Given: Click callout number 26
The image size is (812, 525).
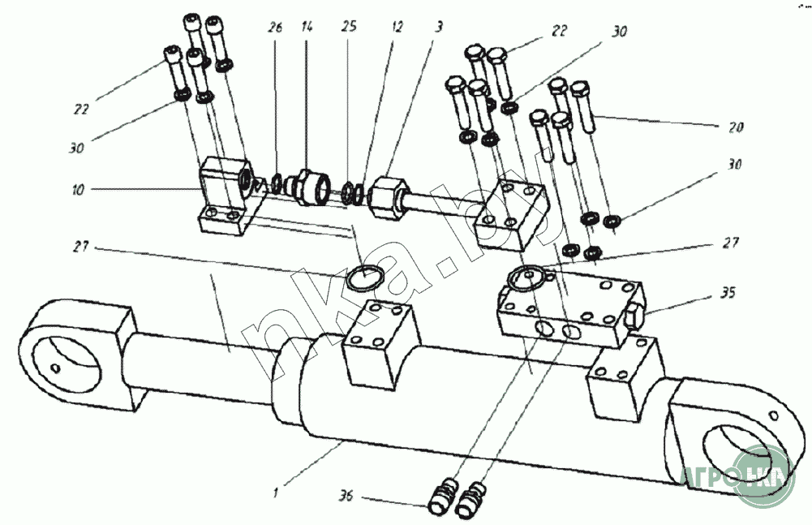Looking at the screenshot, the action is pyautogui.click(x=275, y=28).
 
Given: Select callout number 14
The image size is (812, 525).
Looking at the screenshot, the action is pyautogui.click(x=307, y=27).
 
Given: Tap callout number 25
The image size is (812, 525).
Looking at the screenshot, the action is pyautogui.click(x=349, y=27).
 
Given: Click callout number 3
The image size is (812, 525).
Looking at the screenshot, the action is pyautogui.click(x=439, y=27).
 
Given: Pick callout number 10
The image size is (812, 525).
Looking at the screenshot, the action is pyautogui.click(x=78, y=190).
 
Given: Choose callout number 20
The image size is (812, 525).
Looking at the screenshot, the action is pyautogui.click(x=736, y=127).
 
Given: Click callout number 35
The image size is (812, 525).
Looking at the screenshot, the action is pyautogui.click(x=727, y=294).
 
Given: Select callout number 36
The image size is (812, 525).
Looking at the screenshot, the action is pyautogui.click(x=346, y=496).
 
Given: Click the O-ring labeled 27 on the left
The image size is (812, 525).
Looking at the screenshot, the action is pyautogui.click(x=364, y=277).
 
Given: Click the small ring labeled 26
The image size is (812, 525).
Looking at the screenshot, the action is pyautogui.click(x=276, y=183).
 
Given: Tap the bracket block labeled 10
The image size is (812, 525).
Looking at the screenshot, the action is pyautogui.click(x=226, y=196).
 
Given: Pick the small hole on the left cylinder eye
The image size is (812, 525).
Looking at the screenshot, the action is pyautogui.click(x=55, y=368).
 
